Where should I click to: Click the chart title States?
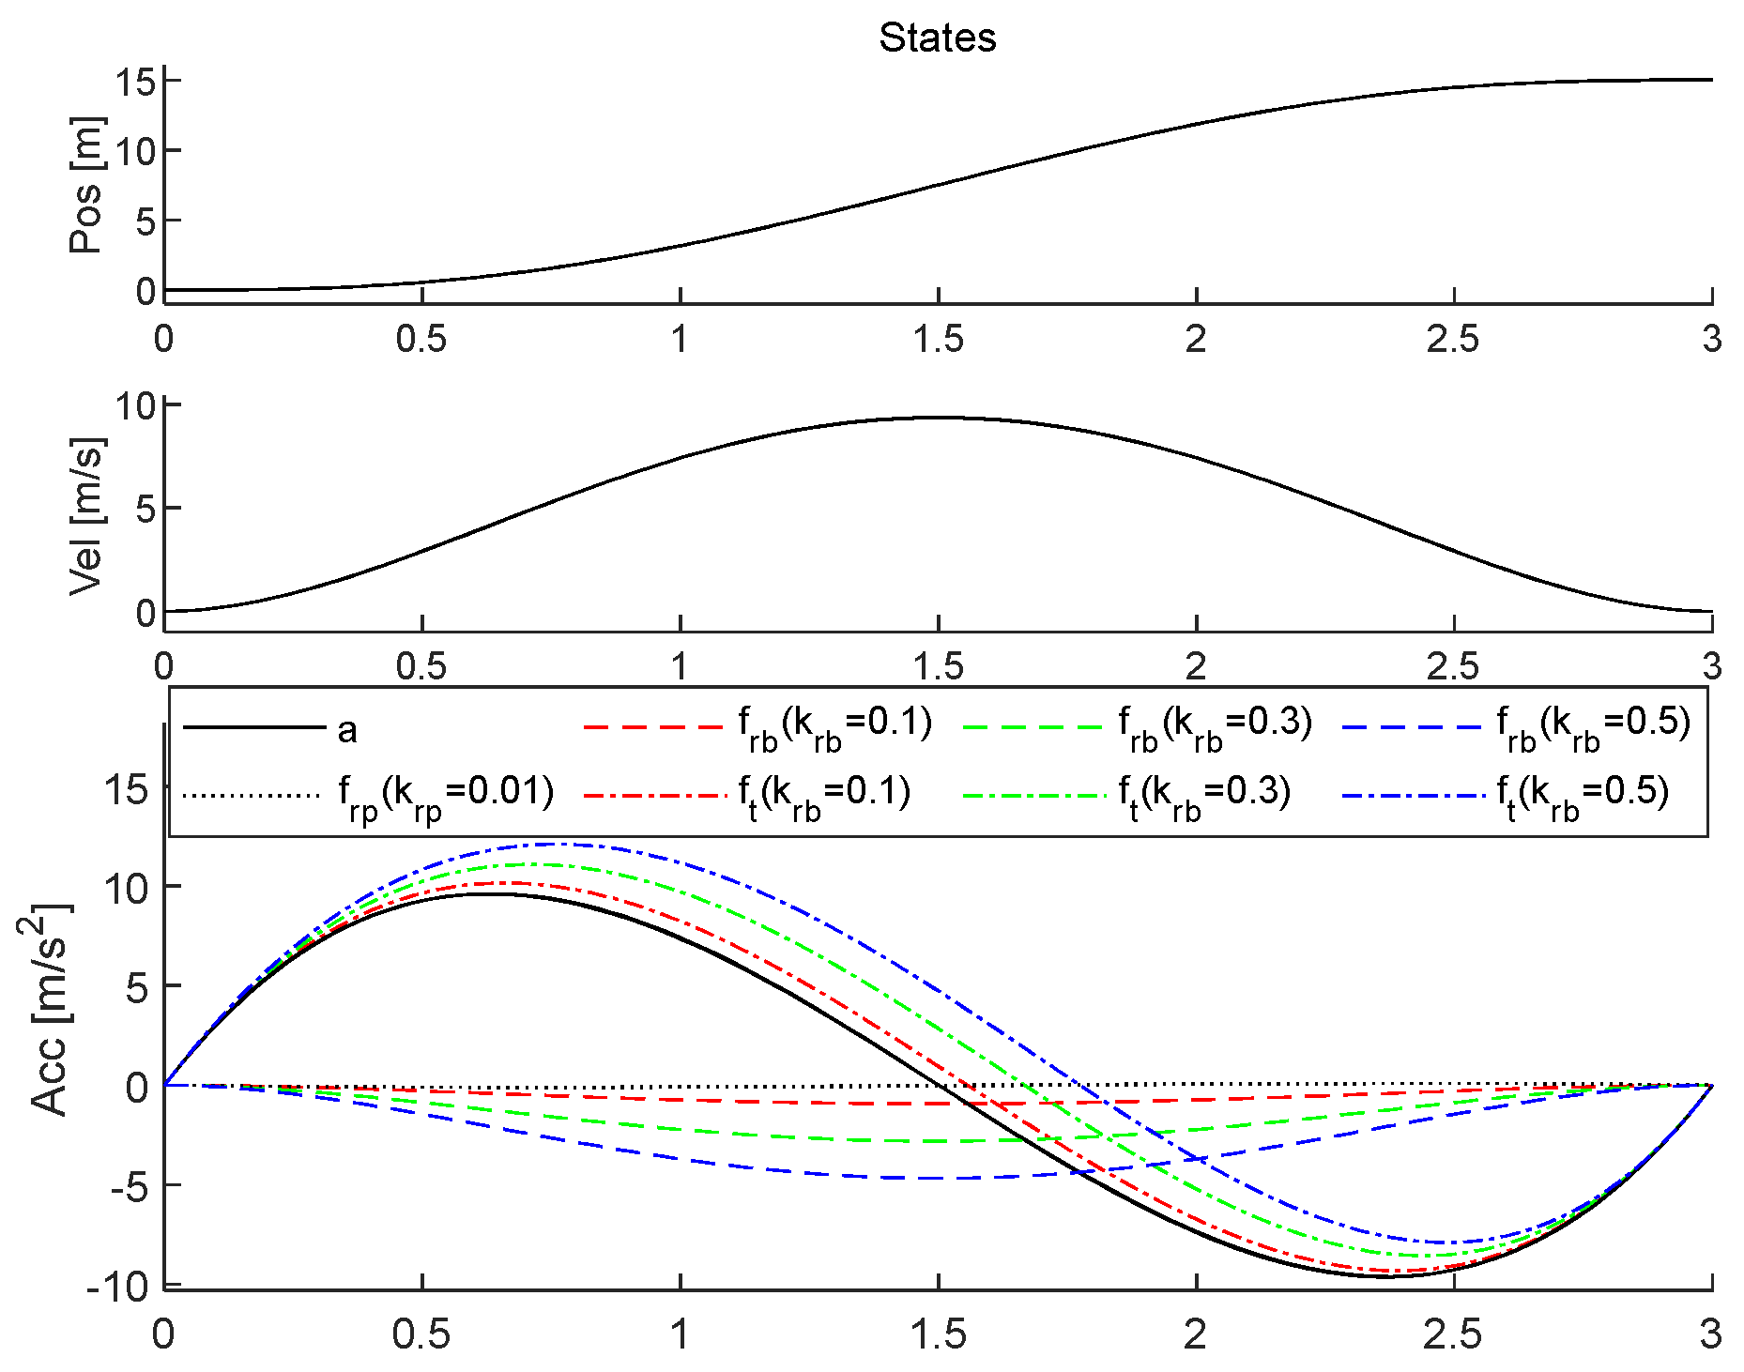point(937,38)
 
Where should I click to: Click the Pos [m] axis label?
point(87,185)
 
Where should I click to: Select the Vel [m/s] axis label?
point(87,516)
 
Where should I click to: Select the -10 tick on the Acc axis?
point(118,1288)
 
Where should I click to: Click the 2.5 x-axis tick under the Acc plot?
point(1452,1334)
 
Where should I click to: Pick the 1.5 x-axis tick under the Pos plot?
point(938,340)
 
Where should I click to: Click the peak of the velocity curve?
point(938,418)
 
